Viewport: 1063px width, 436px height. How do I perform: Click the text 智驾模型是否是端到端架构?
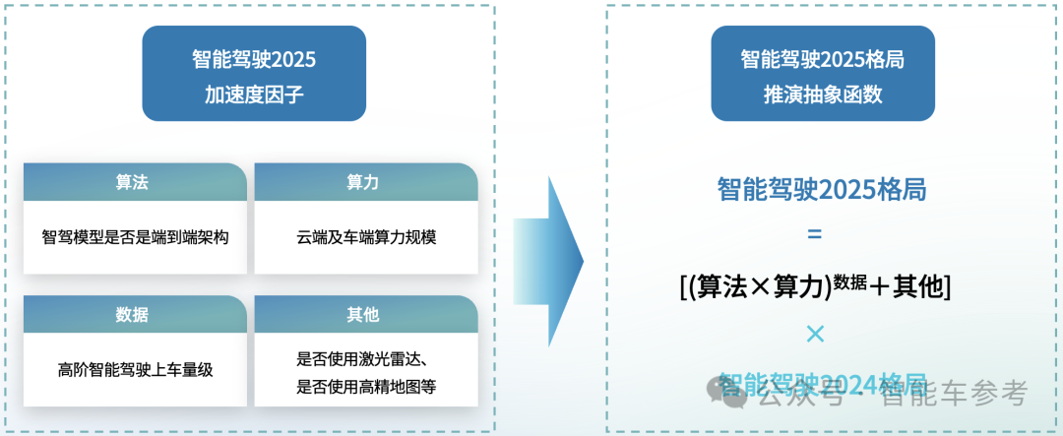pos(136,237)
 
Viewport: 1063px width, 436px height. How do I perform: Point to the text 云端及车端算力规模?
pos(366,237)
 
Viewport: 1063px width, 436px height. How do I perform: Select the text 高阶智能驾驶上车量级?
pos(136,370)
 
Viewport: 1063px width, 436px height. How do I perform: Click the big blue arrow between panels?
pos(547,262)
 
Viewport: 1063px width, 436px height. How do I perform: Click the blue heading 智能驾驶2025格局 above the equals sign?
pos(822,190)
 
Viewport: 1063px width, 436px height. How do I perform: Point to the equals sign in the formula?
pos(814,234)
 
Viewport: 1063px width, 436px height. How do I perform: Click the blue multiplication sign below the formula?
pos(814,335)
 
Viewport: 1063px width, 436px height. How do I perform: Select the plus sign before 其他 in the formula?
pos(879,285)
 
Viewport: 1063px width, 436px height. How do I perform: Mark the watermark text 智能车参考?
pos(954,395)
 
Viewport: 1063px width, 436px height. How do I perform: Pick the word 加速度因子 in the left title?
pos(254,95)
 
